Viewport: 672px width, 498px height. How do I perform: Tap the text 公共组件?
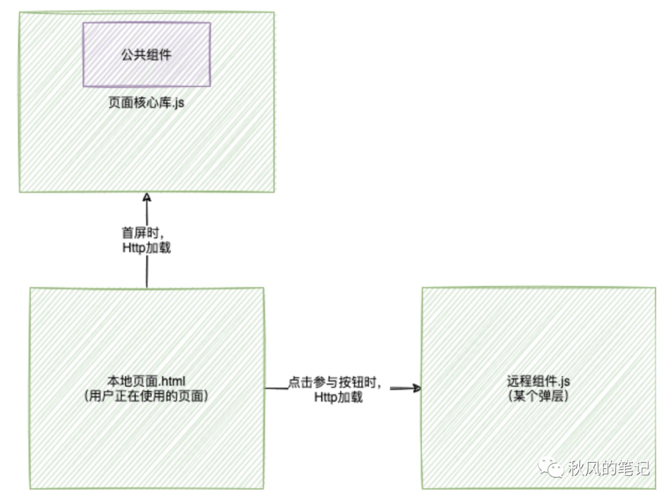point(146,55)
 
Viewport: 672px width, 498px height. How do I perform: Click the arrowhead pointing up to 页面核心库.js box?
point(147,197)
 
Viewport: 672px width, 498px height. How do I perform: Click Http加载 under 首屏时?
point(147,247)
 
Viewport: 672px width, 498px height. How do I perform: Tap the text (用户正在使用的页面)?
point(146,395)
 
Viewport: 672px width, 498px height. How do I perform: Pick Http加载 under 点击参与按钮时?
point(338,397)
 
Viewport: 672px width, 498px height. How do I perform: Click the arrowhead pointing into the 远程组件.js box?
point(416,389)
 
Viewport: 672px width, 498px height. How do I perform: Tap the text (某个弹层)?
point(538,395)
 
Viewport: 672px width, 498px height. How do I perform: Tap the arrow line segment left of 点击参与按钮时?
point(276,389)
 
